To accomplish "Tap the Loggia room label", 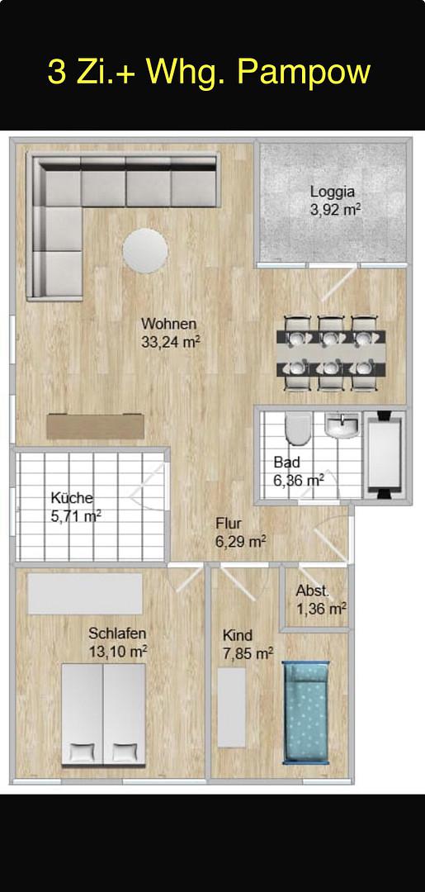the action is click(333, 191).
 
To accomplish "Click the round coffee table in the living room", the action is click(145, 251).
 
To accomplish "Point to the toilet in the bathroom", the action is click(297, 430).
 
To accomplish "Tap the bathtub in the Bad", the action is click(384, 453).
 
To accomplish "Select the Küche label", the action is click(72, 498).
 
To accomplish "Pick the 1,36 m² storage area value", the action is click(322, 610).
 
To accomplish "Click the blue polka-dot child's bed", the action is click(305, 712).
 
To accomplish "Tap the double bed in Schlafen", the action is click(103, 715).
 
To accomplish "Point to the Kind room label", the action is click(238, 635).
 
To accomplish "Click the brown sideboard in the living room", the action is click(95, 426).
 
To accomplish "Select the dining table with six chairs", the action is click(331, 353).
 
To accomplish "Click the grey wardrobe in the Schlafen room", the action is click(85, 593).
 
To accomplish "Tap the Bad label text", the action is click(286, 462).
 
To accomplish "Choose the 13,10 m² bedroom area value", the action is click(118, 651).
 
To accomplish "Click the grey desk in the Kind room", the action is click(232, 707).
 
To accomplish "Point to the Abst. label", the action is click(312, 591).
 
